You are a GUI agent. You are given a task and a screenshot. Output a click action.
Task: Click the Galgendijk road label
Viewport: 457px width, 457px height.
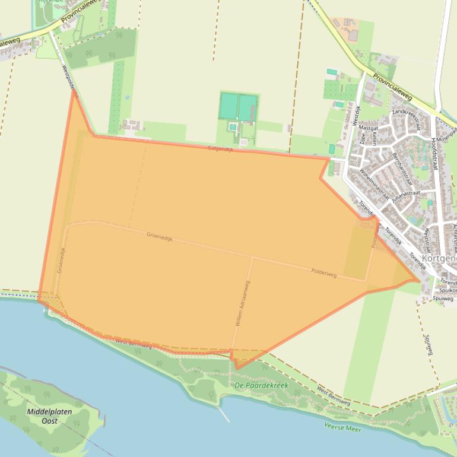(220, 149)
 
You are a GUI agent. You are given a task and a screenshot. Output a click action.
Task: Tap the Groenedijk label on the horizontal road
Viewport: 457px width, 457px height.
(160, 236)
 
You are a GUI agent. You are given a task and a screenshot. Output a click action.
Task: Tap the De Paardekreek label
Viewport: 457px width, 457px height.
(261, 385)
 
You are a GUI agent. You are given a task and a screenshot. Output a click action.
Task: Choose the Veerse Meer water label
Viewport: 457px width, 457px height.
(343, 427)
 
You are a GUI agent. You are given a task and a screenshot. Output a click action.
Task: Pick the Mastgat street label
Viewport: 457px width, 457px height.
(369, 128)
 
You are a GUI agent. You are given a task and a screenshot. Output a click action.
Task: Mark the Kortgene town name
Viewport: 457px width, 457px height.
(439, 259)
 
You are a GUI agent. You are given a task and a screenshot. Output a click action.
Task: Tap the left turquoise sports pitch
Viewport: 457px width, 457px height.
(228, 107)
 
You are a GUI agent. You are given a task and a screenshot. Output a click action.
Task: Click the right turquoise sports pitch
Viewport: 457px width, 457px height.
(247, 107)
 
